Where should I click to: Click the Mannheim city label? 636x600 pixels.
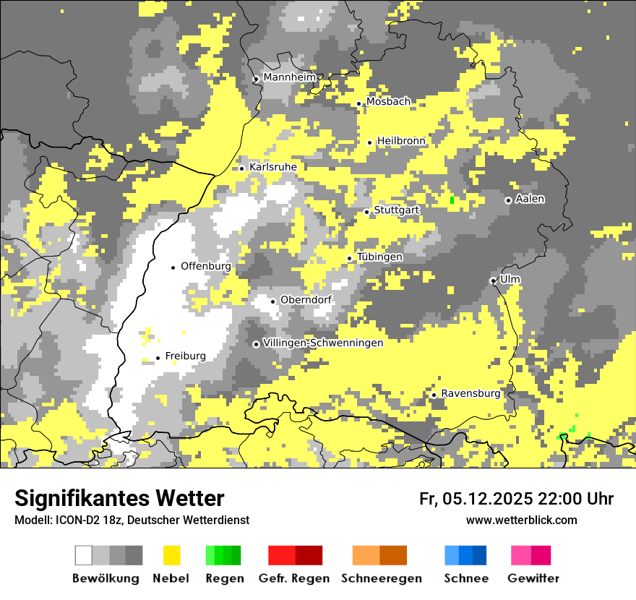point(290,77)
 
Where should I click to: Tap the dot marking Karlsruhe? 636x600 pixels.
point(242,168)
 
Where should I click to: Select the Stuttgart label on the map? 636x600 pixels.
point(397,210)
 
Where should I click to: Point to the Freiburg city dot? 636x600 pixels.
point(158,358)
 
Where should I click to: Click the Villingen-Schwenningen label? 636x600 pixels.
point(323,343)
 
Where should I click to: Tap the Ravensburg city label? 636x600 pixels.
point(470,393)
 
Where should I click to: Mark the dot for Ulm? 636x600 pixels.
point(493,280)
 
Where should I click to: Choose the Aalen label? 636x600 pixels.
point(530,199)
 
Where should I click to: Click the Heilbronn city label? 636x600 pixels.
point(401,140)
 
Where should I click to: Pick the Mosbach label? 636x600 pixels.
point(388,102)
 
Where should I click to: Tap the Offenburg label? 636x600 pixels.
point(206,266)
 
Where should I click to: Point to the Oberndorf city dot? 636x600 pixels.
point(272,301)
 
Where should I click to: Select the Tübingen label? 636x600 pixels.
point(379,257)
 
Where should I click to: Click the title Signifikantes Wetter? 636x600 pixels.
point(119,498)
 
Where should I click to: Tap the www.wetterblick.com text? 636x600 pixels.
point(521,520)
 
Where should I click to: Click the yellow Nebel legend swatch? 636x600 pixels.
point(171,555)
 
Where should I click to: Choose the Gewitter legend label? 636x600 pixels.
point(533,578)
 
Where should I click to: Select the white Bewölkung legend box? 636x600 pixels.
point(84,555)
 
